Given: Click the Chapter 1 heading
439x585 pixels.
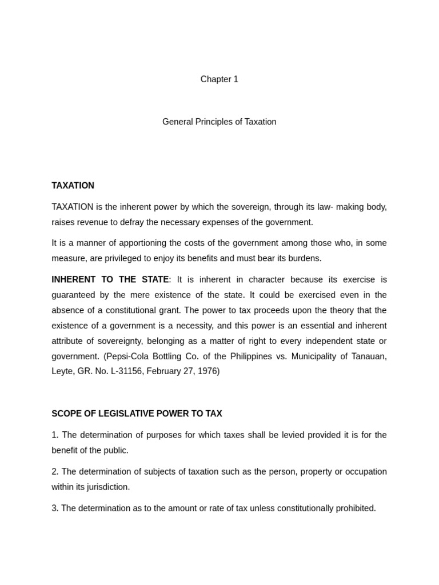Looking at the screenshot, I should point(219,79).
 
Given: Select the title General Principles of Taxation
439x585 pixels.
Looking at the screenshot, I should point(219,122).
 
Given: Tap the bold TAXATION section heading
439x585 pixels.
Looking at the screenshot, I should point(73,186).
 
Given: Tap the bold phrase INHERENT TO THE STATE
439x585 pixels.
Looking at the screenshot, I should point(110,279).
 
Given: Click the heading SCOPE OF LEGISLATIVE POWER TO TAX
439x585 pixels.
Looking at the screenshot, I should point(137,414).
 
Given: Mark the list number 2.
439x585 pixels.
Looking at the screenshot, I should point(54,472).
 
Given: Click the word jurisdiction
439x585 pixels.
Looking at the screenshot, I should point(107,487).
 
